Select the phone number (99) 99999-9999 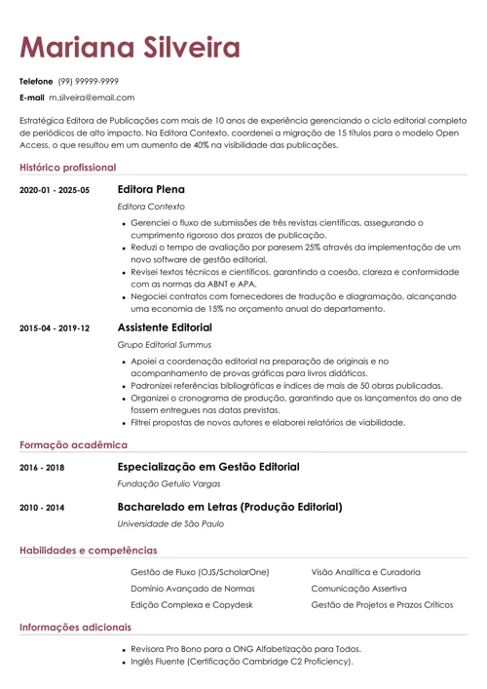[89, 81]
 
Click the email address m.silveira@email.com [92, 97]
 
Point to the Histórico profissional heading [67, 168]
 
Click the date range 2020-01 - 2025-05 [54, 190]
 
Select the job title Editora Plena [151, 189]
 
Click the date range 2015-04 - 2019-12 [54, 328]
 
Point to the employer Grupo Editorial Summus [164, 345]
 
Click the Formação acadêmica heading [66, 444]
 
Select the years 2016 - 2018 [42, 468]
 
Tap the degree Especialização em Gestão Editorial [207, 467]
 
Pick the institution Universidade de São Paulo [170, 524]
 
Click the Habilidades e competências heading [88, 551]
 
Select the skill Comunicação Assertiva [358, 589]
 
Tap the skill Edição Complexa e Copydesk [191, 605]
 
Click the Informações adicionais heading [75, 628]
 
